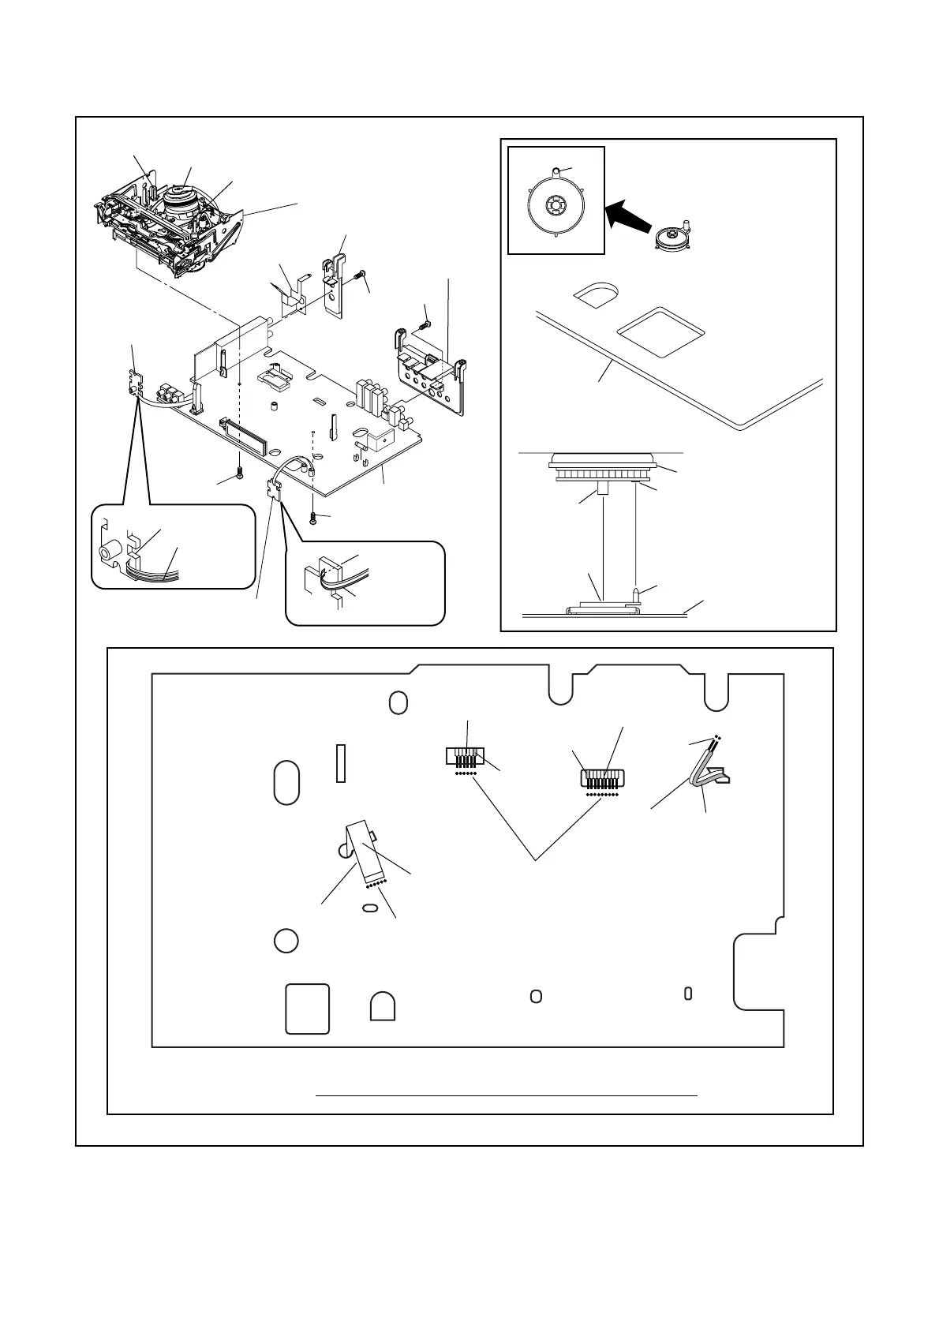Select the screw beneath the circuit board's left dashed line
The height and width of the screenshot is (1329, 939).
click(238, 474)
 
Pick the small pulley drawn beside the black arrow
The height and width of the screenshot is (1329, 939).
click(672, 237)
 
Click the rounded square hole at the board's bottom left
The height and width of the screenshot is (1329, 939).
click(307, 1008)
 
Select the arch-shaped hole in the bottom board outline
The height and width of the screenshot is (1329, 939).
click(383, 1006)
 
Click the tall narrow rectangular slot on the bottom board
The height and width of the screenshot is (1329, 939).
click(341, 763)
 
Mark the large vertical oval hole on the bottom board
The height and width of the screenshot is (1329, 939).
click(286, 782)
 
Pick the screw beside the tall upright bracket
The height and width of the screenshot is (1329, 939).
click(361, 275)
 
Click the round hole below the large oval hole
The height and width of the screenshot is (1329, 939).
click(286, 940)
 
